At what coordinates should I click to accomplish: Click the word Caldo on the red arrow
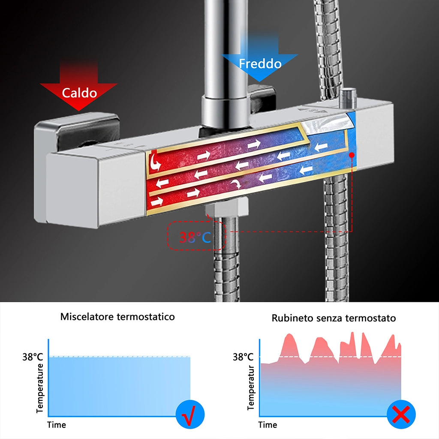79,93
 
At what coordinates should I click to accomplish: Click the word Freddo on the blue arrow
260,63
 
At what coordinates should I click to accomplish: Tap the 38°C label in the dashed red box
195,237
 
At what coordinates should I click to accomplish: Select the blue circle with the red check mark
190,415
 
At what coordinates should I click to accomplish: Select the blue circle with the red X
401,415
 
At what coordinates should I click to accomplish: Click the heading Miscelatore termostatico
117,317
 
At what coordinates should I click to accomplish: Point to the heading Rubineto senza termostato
334,318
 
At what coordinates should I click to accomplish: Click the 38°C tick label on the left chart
33,357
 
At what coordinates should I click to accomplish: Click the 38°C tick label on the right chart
243,357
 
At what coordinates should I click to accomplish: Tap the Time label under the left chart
57,425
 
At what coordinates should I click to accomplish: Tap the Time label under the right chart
268,425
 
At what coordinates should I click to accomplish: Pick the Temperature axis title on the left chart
40,388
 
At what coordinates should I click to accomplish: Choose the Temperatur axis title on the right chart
250,388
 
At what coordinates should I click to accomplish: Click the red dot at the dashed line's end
352,155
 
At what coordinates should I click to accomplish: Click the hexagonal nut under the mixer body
227,207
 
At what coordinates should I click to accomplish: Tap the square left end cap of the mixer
72,189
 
